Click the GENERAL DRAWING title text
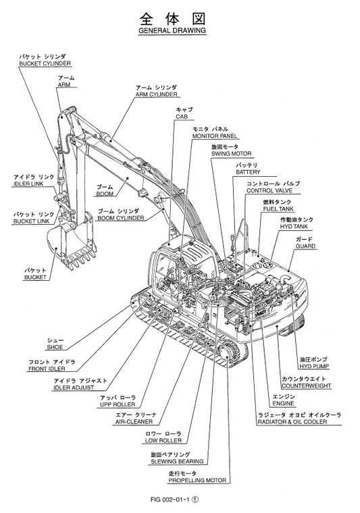(x=172, y=31)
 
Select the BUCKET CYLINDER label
(x=45, y=63)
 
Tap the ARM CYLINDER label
(x=156, y=94)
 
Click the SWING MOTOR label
(x=230, y=153)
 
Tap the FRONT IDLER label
(x=51, y=369)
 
